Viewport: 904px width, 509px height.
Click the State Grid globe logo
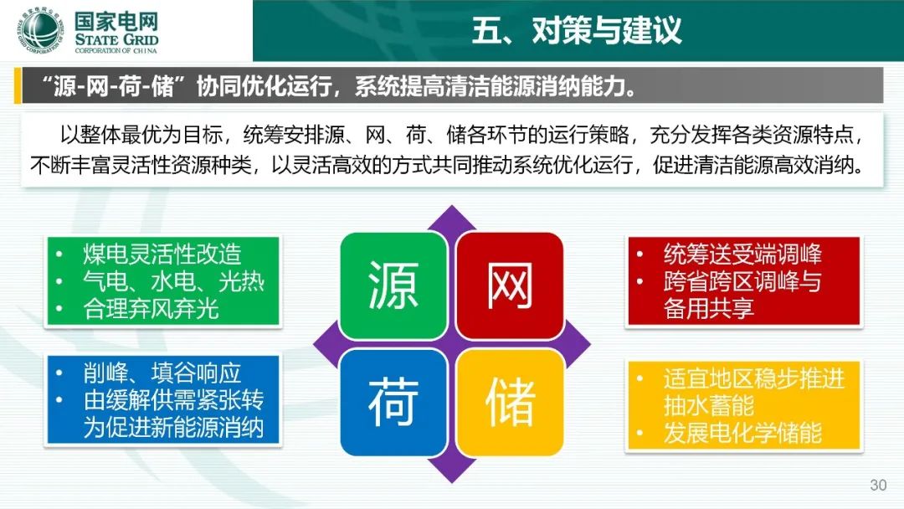(40, 30)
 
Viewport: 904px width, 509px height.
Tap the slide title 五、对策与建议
(577, 30)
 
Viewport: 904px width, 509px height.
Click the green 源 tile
(393, 285)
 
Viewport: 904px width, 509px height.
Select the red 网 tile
(510, 285)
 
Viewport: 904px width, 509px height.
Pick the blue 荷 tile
(393, 402)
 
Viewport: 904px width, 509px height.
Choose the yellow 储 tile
(510, 402)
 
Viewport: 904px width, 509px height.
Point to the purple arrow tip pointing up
(452, 206)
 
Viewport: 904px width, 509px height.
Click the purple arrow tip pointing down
(452, 482)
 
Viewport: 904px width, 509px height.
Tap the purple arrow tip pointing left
(314, 344)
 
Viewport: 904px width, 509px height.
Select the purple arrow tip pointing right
(590, 344)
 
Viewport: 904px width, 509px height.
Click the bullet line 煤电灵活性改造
(162, 254)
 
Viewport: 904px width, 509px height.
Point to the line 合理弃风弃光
(151, 308)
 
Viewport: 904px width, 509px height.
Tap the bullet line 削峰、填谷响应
(162, 373)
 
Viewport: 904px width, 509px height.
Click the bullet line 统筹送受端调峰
(742, 254)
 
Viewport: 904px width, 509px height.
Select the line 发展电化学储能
(742, 433)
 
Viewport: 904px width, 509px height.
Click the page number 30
(878, 485)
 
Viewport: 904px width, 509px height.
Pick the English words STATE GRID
(116, 39)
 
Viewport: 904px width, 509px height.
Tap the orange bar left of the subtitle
(18, 85)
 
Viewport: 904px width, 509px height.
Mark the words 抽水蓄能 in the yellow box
(709, 406)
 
